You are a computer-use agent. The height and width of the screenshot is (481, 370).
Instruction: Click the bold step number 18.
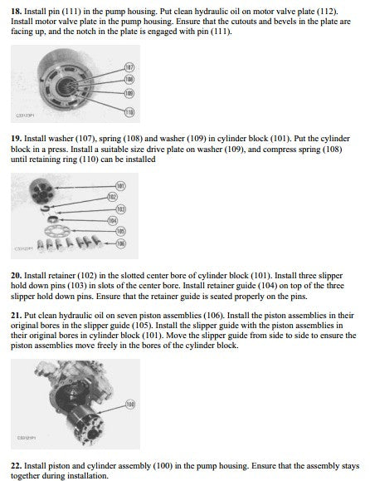pyautogui.click(x=16, y=12)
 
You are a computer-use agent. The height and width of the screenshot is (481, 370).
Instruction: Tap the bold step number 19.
pyautogui.click(x=16, y=139)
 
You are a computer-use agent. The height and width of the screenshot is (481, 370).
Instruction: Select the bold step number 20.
pyautogui.click(x=17, y=276)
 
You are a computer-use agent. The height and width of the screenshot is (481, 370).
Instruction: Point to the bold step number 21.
pyautogui.click(x=17, y=316)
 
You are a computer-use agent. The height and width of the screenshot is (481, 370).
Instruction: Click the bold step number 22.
pyautogui.click(x=17, y=466)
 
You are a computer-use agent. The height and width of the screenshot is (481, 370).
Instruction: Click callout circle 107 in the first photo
pyautogui.click(x=130, y=67)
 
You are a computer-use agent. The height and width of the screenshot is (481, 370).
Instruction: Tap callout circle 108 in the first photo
pyautogui.click(x=129, y=80)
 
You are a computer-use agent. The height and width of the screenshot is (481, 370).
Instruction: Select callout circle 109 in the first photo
pyautogui.click(x=129, y=93)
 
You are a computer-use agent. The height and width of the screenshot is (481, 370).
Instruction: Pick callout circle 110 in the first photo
pyautogui.click(x=129, y=112)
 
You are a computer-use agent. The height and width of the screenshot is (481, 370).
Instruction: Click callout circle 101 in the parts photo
pyautogui.click(x=120, y=185)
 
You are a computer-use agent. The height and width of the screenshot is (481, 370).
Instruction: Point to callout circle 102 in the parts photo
pyautogui.click(x=112, y=197)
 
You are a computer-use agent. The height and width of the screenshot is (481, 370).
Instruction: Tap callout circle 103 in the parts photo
pyautogui.click(x=120, y=209)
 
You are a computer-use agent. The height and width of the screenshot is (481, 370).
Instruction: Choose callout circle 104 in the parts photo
pyautogui.click(x=112, y=220)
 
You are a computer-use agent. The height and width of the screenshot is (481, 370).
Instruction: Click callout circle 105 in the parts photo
pyautogui.click(x=120, y=231)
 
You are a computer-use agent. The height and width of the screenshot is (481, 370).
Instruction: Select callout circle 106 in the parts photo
pyautogui.click(x=120, y=243)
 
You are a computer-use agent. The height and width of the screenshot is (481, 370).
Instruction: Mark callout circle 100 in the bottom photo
pyautogui.click(x=130, y=405)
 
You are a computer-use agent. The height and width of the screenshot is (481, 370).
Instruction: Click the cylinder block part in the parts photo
pyautogui.click(x=42, y=190)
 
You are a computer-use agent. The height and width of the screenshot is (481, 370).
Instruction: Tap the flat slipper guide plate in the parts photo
pyautogui.click(x=57, y=231)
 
